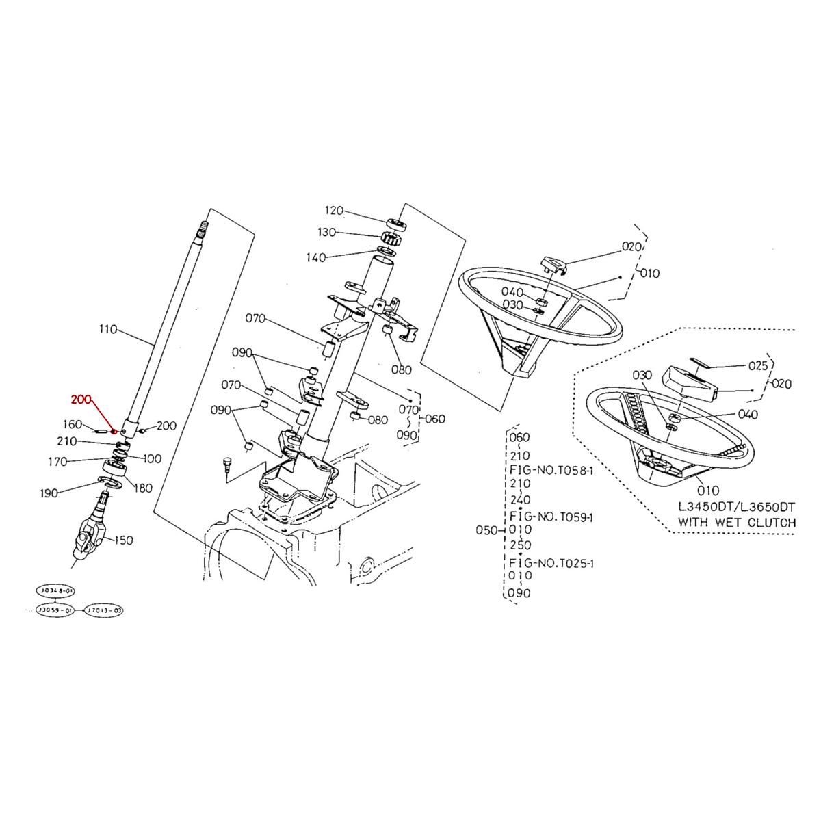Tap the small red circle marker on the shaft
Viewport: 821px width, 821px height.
point(114,432)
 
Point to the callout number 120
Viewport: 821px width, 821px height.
point(334,210)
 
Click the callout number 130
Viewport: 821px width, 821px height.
point(326,233)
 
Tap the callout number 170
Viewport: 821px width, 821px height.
point(57,462)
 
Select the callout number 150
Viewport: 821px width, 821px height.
point(124,540)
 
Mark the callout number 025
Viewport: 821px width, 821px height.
point(758,366)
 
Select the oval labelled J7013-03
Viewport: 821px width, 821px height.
point(105,609)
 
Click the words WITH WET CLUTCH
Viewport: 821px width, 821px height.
point(736,523)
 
